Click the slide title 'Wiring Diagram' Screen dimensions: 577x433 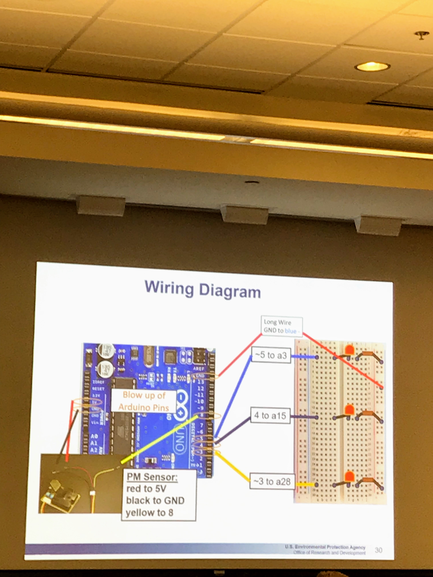tap(202, 290)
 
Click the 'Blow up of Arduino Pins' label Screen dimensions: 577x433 tap(144, 401)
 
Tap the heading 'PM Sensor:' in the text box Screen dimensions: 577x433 tap(152, 477)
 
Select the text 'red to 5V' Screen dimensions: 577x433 tap(146, 489)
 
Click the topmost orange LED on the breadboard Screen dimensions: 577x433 tap(349, 350)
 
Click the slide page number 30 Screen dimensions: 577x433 tap(378, 550)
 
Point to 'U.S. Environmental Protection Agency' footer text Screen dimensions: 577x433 tap(325, 547)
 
